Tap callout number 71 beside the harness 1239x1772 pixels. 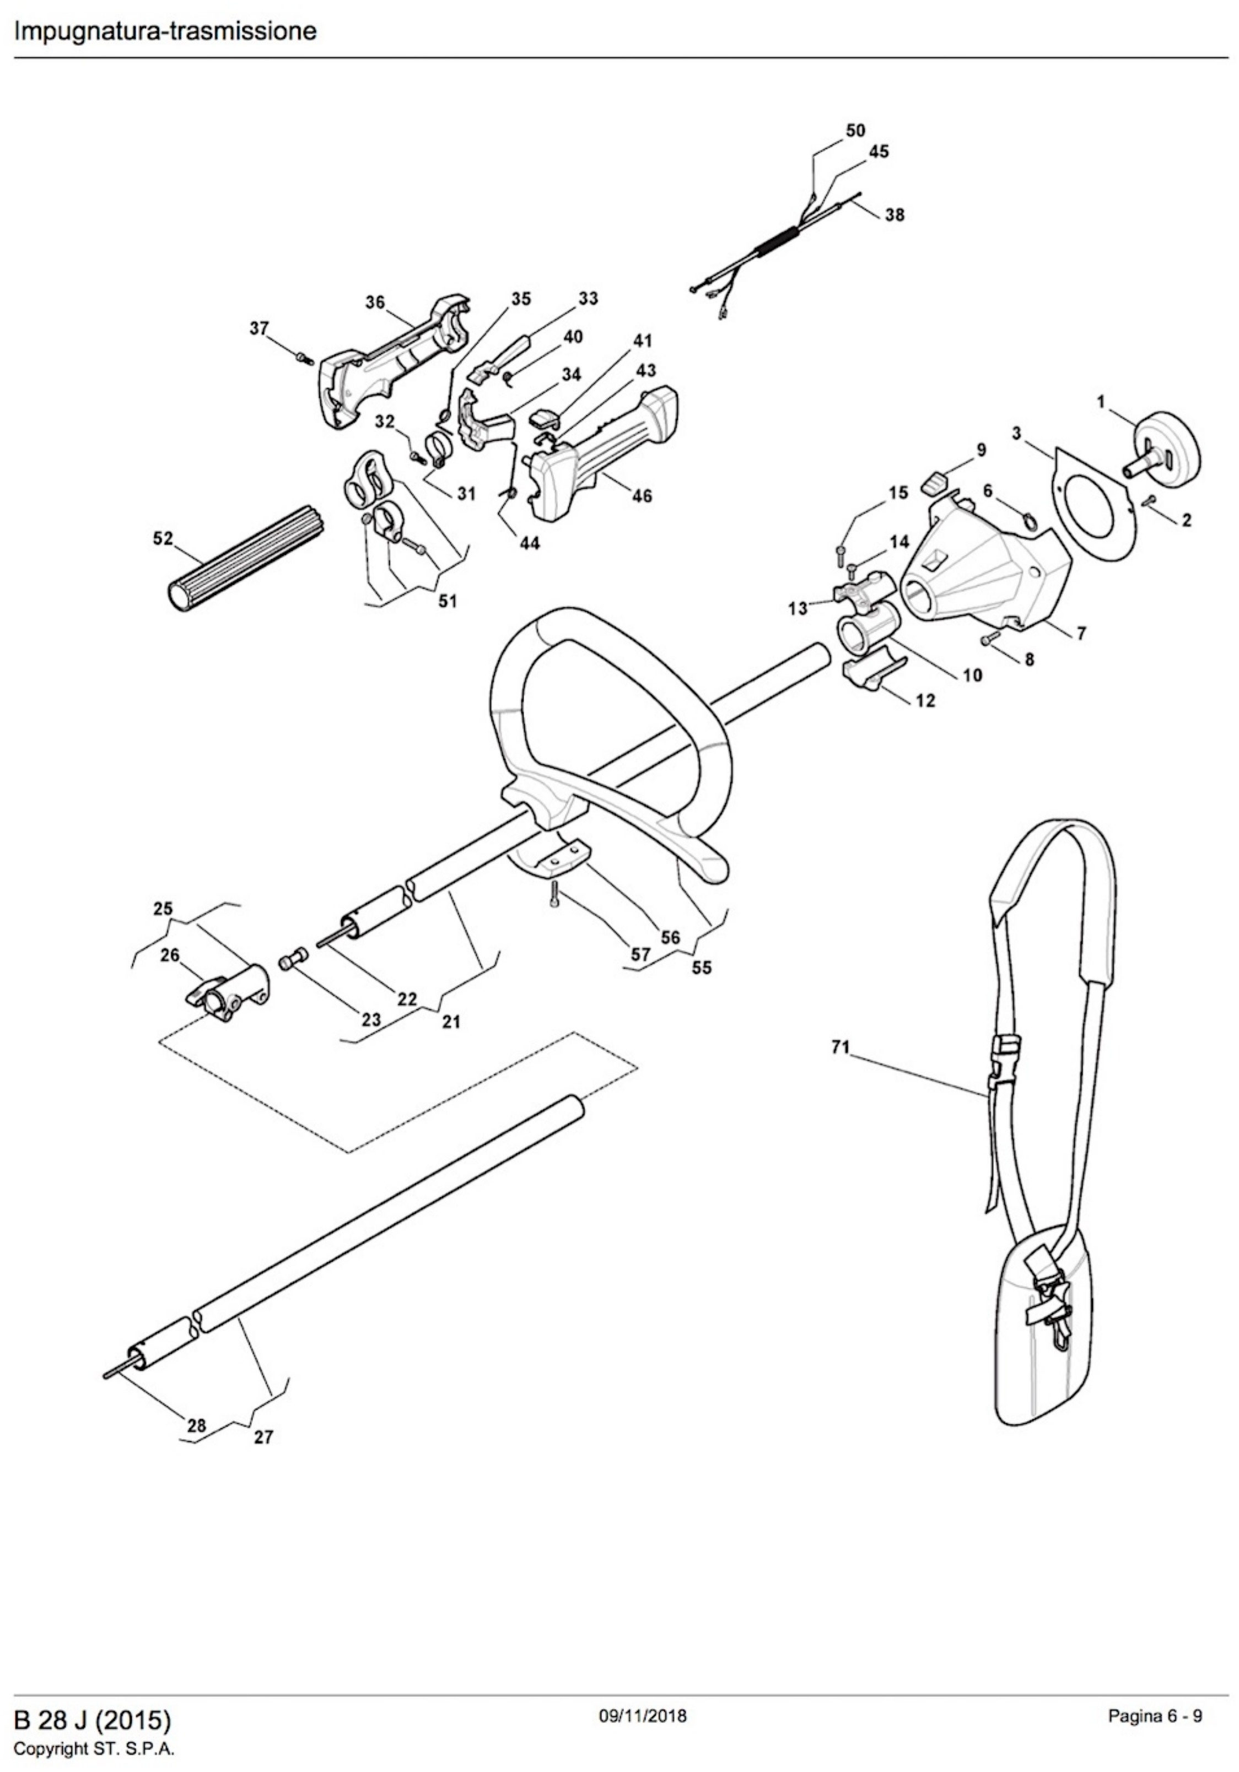click(840, 1047)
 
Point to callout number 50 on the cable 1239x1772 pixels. click(855, 131)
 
